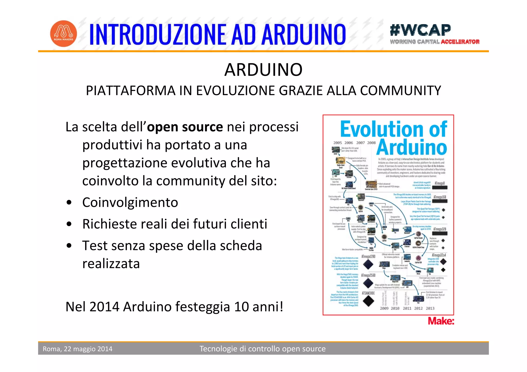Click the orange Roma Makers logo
coord(63,34)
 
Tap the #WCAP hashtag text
coord(420,30)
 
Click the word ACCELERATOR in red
coord(460,42)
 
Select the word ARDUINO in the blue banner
coord(304,34)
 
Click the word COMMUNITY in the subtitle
coord(400,91)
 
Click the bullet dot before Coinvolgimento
coord(69,202)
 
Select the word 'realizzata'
coord(111,264)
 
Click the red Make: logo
coord(441,321)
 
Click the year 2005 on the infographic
coord(337,143)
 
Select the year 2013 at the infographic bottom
coord(430,308)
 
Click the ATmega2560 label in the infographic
coord(368,275)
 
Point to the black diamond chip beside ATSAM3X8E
coord(368,301)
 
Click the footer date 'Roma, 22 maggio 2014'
coord(77,349)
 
